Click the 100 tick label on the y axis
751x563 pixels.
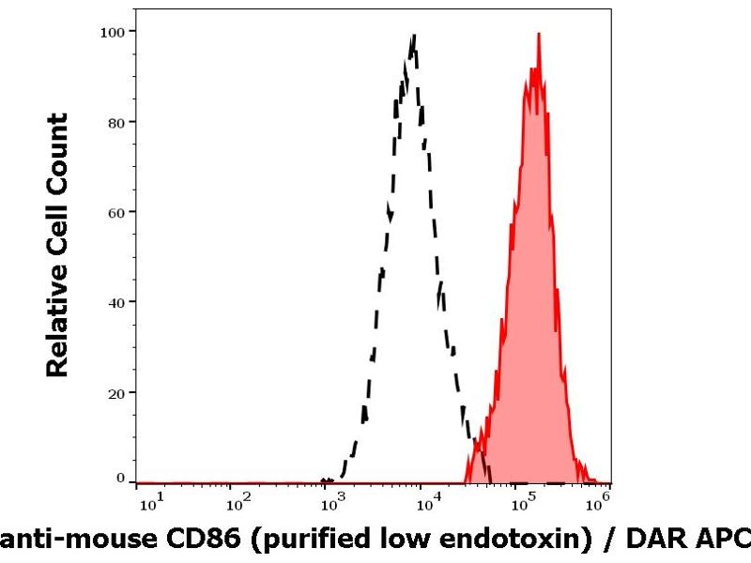[113, 31]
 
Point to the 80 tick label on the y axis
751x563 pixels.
[116, 121]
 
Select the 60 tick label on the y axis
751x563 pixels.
[116, 211]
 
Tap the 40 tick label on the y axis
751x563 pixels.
[116, 301]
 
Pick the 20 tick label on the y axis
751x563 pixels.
[116, 391]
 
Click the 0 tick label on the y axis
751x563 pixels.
[120, 479]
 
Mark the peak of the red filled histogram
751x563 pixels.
[539, 34]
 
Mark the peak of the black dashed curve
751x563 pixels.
[413, 36]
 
